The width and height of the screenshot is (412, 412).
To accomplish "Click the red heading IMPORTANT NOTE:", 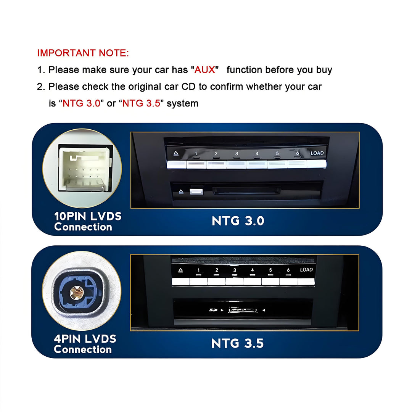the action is [x=83, y=53].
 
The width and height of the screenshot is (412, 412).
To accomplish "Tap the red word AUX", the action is [x=205, y=70].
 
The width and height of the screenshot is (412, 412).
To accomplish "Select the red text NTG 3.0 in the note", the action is [x=82, y=103].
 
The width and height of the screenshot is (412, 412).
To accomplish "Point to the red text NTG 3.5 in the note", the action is [x=142, y=103].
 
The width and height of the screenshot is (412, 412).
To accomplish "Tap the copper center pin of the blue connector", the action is [x=77, y=293].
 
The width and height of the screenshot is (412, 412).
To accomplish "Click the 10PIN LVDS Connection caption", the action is [x=88, y=222].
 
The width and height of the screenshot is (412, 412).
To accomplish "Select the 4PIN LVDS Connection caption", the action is [x=85, y=344].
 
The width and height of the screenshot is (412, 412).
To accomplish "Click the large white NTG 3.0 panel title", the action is [x=238, y=221].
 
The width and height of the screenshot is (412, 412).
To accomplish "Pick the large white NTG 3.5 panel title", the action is [x=237, y=343].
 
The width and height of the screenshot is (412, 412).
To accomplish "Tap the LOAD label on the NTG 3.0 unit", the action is [x=317, y=153].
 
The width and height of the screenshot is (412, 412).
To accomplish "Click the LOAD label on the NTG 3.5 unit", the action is [x=306, y=270].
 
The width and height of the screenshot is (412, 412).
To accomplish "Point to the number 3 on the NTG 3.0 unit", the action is [x=237, y=153].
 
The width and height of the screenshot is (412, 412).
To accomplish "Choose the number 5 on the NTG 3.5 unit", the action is [x=270, y=270].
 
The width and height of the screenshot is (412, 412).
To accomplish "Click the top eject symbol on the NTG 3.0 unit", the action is [x=176, y=153].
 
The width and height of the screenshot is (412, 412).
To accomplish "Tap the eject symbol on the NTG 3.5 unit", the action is [x=180, y=270].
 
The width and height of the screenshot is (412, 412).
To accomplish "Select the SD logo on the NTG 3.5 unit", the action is [x=213, y=310].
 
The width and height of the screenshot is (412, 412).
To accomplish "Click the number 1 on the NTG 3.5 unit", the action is [x=199, y=270].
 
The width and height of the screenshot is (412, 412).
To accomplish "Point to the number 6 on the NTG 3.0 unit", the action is [x=298, y=153].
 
